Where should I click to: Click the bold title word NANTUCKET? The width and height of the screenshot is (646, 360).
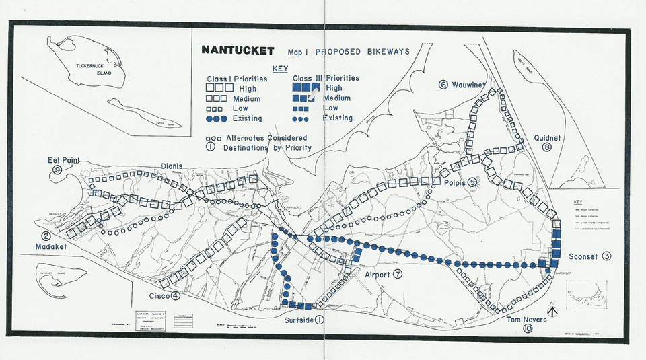tap(238, 51)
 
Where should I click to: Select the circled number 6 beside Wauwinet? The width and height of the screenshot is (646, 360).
tap(443, 85)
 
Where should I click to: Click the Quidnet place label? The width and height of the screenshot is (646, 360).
tap(546, 137)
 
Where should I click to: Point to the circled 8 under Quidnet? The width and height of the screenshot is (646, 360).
tap(546, 147)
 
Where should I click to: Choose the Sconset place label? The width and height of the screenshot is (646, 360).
tap(583, 256)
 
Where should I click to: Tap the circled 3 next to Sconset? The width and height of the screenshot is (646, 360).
tap(606, 256)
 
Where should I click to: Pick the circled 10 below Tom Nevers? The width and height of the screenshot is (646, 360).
tap(527, 330)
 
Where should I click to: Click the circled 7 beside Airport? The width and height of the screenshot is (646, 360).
tap(398, 275)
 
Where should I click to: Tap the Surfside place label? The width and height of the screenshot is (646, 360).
tap(299, 320)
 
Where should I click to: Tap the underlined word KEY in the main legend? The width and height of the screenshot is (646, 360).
tap(280, 69)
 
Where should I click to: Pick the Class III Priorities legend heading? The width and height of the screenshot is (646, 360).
tap(326, 78)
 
